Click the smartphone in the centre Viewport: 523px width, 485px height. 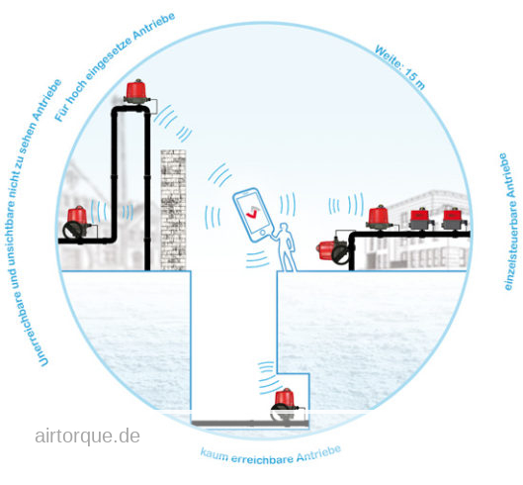[253, 215]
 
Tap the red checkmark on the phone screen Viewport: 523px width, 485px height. [251, 214]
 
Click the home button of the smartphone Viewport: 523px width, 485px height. [263, 233]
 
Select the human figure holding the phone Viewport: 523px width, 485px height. [286, 247]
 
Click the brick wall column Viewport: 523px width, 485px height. [173, 210]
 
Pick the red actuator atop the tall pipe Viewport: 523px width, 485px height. [136, 91]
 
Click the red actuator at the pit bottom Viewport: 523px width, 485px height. [286, 403]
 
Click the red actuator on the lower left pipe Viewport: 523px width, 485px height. [77, 222]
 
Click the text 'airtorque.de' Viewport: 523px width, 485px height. [87, 436]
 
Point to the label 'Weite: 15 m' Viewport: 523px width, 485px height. [399, 67]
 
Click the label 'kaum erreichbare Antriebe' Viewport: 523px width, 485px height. [271, 455]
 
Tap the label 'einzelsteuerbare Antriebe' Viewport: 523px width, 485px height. [510, 222]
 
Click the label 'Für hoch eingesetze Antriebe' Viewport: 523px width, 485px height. [115, 66]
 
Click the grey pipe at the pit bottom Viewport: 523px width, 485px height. [250, 424]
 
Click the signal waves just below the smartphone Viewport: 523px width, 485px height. [257, 259]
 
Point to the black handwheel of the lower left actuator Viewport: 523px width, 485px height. [72, 230]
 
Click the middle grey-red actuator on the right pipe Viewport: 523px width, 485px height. [421, 219]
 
